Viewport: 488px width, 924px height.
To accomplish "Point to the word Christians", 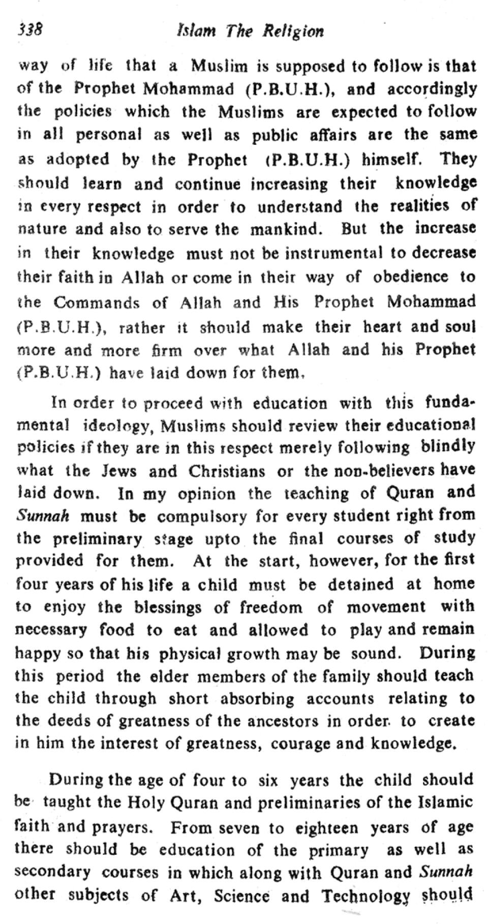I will point(227,471).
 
